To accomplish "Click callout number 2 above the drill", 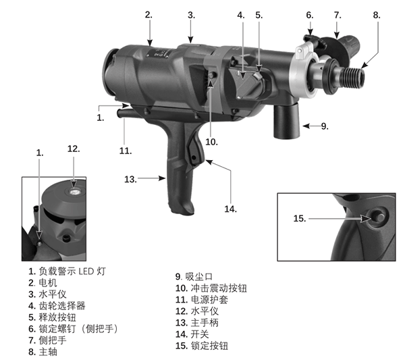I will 148,14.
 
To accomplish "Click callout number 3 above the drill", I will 191,14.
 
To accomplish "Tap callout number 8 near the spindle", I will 376,14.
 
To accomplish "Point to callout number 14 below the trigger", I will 231,209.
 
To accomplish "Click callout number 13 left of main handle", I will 130,180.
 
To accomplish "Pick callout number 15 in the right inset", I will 300,218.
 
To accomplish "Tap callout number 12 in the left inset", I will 74,149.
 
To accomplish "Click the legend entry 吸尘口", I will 199,276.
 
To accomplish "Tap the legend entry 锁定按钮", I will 211,346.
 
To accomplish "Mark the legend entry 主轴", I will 47,351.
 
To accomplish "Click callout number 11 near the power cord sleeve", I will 125,151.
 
